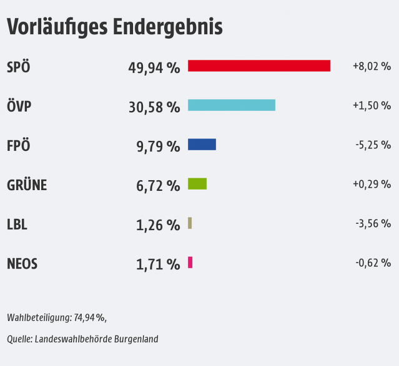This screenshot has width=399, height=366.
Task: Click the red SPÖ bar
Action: (259, 65)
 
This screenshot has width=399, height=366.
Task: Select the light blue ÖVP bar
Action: (231, 105)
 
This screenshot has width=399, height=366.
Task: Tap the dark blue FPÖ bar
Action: (202, 145)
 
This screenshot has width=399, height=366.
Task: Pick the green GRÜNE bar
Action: (197, 184)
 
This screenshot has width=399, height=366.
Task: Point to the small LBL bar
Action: (190, 223)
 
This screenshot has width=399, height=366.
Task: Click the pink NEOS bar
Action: (190, 262)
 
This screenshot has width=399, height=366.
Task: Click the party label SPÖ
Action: (18, 67)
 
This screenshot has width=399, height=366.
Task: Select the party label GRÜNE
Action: (27, 185)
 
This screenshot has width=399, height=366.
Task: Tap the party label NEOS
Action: (22, 264)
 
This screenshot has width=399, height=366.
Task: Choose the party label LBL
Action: (17, 224)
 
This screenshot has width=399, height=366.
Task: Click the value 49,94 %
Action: (154, 67)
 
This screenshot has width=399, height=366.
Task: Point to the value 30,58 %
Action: (154, 107)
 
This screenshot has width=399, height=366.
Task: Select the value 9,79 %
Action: (158, 146)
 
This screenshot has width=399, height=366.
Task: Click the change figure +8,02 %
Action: (372, 66)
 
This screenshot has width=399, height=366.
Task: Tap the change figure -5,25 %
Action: (373, 145)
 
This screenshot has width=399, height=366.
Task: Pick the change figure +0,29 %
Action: (372, 184)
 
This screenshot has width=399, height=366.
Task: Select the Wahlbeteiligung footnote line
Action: (57, 317)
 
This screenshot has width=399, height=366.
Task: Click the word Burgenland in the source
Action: (135, 339)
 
